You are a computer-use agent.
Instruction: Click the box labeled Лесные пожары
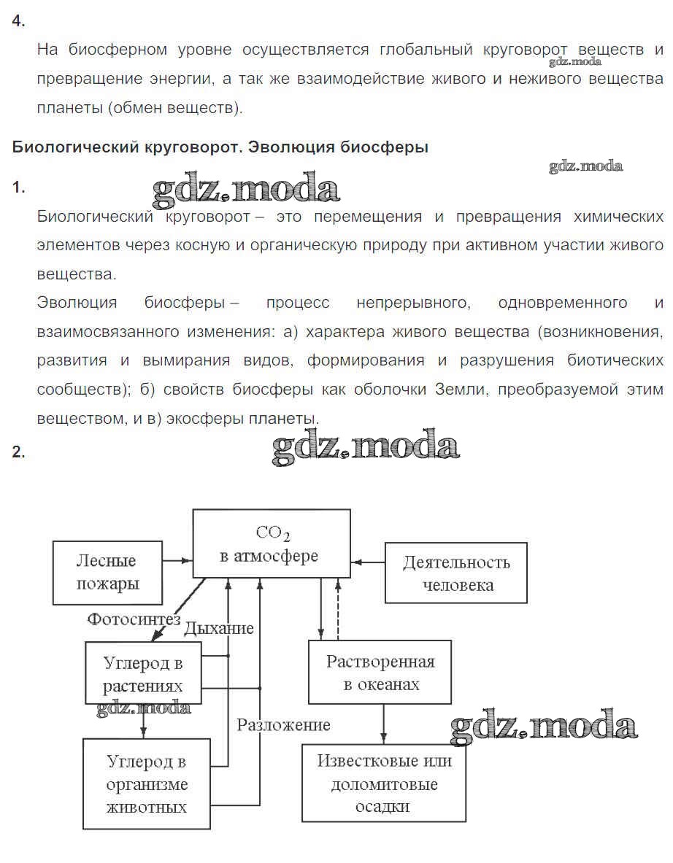107,573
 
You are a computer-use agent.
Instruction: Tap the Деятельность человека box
456,573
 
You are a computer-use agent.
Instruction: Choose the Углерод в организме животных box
147,784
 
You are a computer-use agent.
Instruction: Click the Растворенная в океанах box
380,673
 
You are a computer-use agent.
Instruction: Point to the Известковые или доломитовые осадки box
384,783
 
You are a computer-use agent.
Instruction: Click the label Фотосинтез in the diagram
134,619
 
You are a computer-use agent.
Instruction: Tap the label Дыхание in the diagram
219,628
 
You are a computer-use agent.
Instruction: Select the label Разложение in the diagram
283,725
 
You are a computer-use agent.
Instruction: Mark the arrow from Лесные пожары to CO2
177,561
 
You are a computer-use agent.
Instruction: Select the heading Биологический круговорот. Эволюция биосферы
220,147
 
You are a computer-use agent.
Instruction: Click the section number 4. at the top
18,21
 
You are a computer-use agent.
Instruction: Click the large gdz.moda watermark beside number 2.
366,446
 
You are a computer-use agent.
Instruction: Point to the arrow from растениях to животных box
143,723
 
